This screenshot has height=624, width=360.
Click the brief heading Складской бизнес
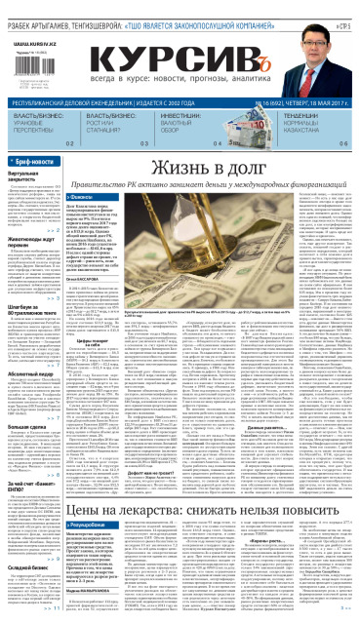pos(30,563)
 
